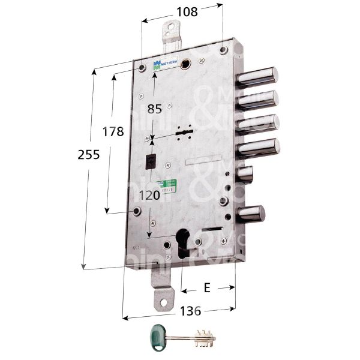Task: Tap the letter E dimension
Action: point(206,288)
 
